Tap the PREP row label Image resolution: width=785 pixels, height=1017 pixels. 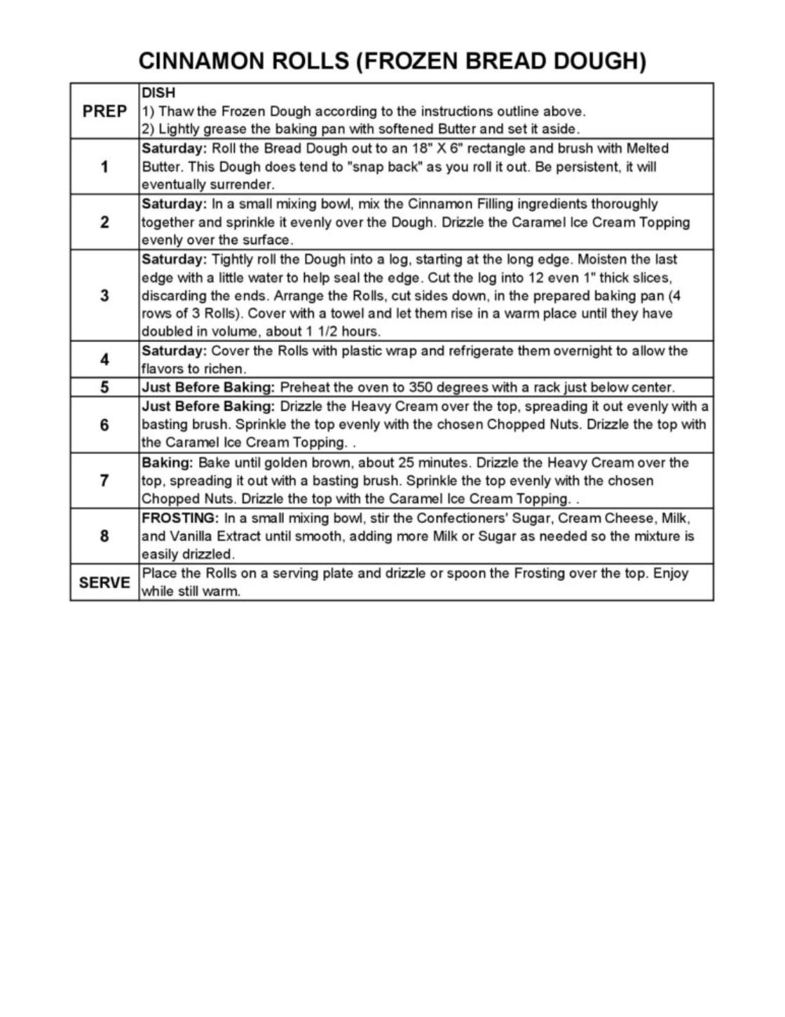[x=104, y=111]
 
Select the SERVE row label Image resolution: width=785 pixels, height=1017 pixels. [x=104, y=582]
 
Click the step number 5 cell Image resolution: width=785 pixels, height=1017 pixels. [x=104, y=388]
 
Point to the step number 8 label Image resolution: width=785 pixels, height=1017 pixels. [x=104, y=536]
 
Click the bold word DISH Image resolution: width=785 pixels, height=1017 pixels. [x=158, y=93]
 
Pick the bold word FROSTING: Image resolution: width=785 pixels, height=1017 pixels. [x=181, y=518]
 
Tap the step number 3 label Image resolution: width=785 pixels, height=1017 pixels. [x=104, y=295]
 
